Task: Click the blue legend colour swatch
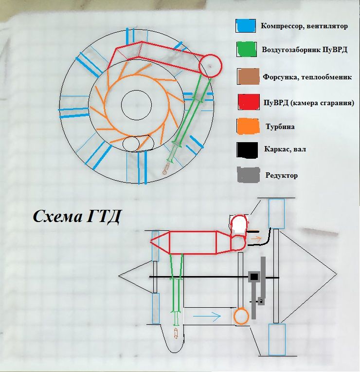(246, 26)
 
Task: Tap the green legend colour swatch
(247, 49)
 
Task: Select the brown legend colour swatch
(248, 76)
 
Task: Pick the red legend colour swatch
(249, 102)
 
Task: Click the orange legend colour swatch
(248, 126)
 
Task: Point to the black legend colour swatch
(247, 150)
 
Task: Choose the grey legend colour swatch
(248, 175)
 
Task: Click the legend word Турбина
(280, 127)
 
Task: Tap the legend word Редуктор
(282, 176)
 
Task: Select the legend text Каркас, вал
(285, 149)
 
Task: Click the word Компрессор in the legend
(282, 26)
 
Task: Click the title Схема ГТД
(77, 217)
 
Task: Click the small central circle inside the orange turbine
(136, 105)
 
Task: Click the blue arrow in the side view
(207, 316)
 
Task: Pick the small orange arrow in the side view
(256, 238)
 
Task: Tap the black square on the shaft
(254, 277)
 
